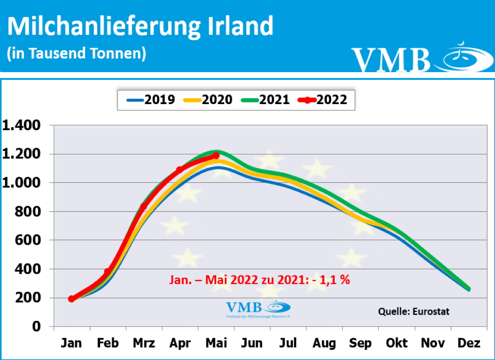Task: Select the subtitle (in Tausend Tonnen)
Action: tap(76, 53)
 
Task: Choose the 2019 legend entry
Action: tap(152, 100)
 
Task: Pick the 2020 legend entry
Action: tap(209, 100)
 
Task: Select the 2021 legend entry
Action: tap(266, 100)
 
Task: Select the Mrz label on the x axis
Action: tap(144, 343)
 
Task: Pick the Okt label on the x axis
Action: tap(396, 343)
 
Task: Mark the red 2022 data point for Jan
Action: tap(72, 299)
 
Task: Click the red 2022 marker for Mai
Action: tap(216, 156)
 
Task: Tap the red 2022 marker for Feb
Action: tap(107, 272)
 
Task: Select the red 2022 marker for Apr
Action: tap(179, 170)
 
